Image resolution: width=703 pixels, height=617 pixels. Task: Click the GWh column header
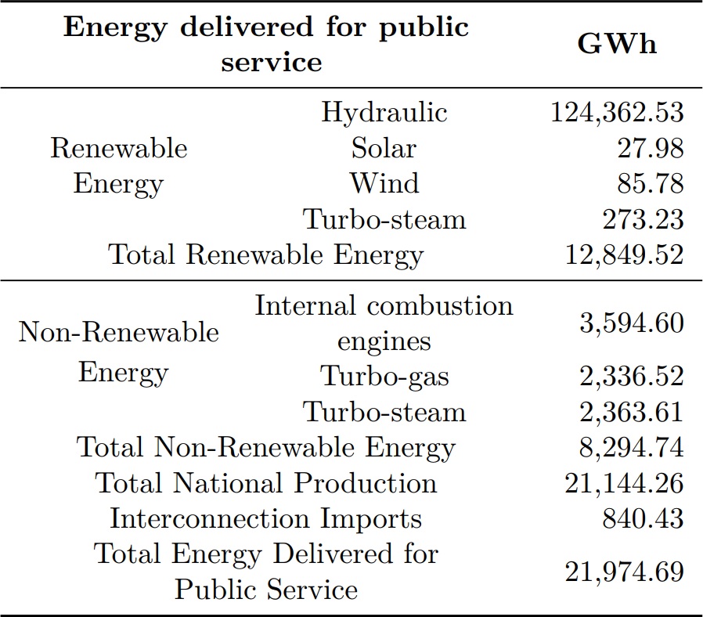[x=617, y=45]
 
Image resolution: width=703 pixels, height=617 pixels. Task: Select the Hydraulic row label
[x=384, y=112]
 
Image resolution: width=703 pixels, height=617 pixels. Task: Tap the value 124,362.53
[x=617, y=112]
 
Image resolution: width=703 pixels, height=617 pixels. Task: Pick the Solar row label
[x=384, y=147]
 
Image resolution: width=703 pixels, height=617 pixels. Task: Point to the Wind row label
[x=384, y=183]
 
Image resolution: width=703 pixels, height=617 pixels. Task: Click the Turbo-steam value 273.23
[x=642, y=219]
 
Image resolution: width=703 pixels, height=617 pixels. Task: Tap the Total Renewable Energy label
[x=265, y=254]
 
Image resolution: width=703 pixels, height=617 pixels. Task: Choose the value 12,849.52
[x=624, y=254]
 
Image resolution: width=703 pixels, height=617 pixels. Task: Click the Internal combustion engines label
[x=384, y=323]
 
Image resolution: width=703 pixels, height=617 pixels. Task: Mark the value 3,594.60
[x=631, y=323]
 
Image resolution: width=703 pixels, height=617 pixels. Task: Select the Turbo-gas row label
[x=384, y=377]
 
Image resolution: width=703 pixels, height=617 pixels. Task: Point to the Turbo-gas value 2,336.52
[x=631, y=377]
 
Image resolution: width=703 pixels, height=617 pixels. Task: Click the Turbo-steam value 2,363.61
[x=631, y=412]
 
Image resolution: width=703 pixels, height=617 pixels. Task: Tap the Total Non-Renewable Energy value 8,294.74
[x=631, y=448]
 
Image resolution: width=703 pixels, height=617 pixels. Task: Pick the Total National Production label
[x=265, y=483]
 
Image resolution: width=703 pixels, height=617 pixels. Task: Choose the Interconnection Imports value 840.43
[x=642, y=518]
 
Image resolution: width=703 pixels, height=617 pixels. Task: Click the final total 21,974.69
[x=624, y=572]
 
